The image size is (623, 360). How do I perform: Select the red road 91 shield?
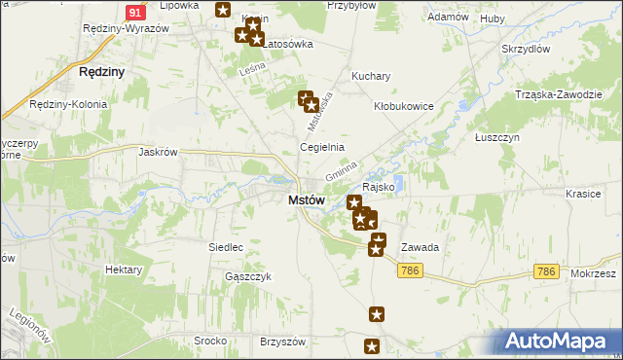(137, 11)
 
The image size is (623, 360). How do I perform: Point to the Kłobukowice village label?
(403, 107)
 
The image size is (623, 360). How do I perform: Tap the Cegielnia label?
(321, 148)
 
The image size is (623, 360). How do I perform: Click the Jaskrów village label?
(159, 152)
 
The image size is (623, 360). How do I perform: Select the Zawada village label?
(420, 247)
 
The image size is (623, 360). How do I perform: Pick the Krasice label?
(583, 194)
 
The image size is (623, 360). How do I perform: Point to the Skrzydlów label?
(526, 49)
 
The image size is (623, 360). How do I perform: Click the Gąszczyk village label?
(247, 276)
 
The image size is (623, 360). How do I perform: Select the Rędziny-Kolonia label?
(60, 104)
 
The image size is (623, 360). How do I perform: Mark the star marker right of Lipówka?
(223, 11)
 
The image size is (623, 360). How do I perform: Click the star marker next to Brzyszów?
(372, 345)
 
